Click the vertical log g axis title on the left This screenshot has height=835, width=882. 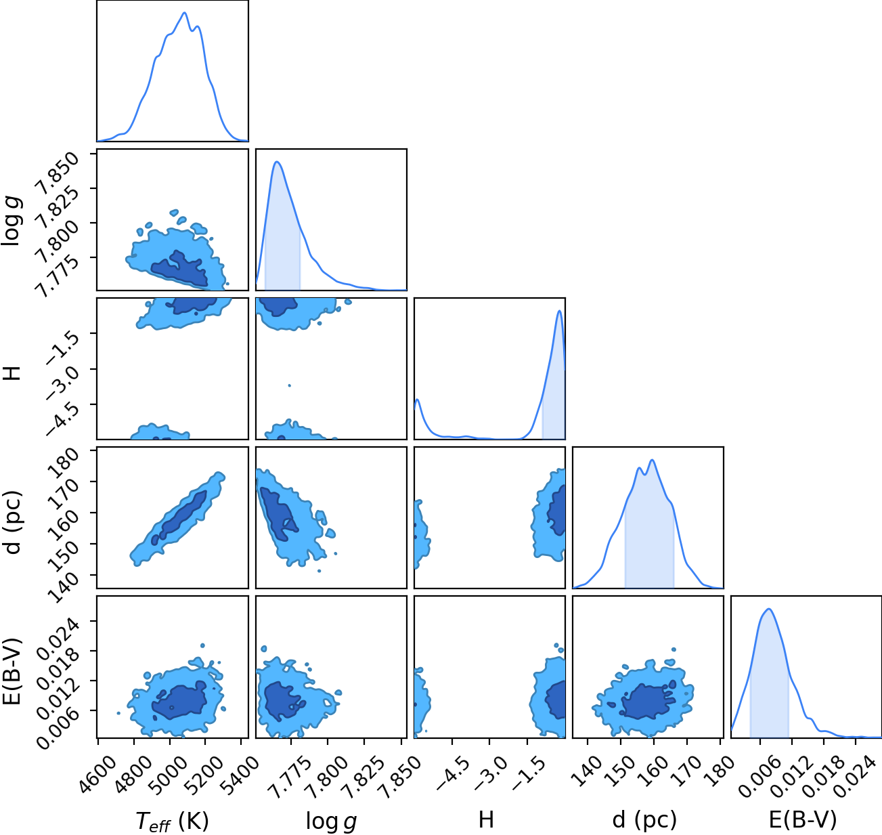click(x=12, y=221)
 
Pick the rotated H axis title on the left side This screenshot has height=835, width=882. click(x=12, y=373)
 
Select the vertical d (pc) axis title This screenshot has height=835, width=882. click(x=12, y=522)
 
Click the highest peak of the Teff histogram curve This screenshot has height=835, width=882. click(x=184, y=12)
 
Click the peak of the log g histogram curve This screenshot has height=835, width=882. click(x=277, y=162)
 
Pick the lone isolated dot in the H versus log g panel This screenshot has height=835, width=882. click(x=289, y=385)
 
